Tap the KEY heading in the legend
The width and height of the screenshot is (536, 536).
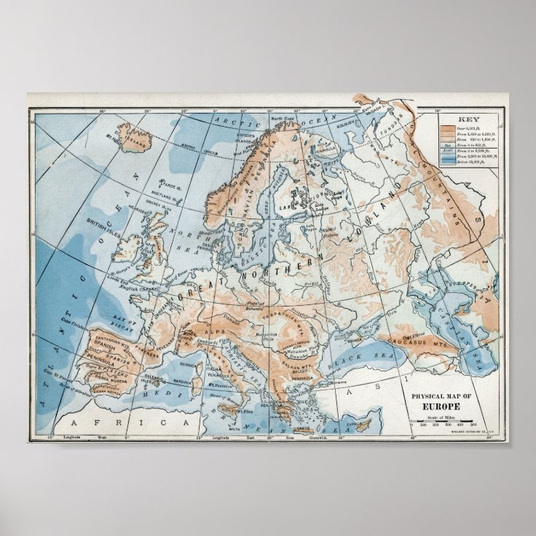click(466, 118)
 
